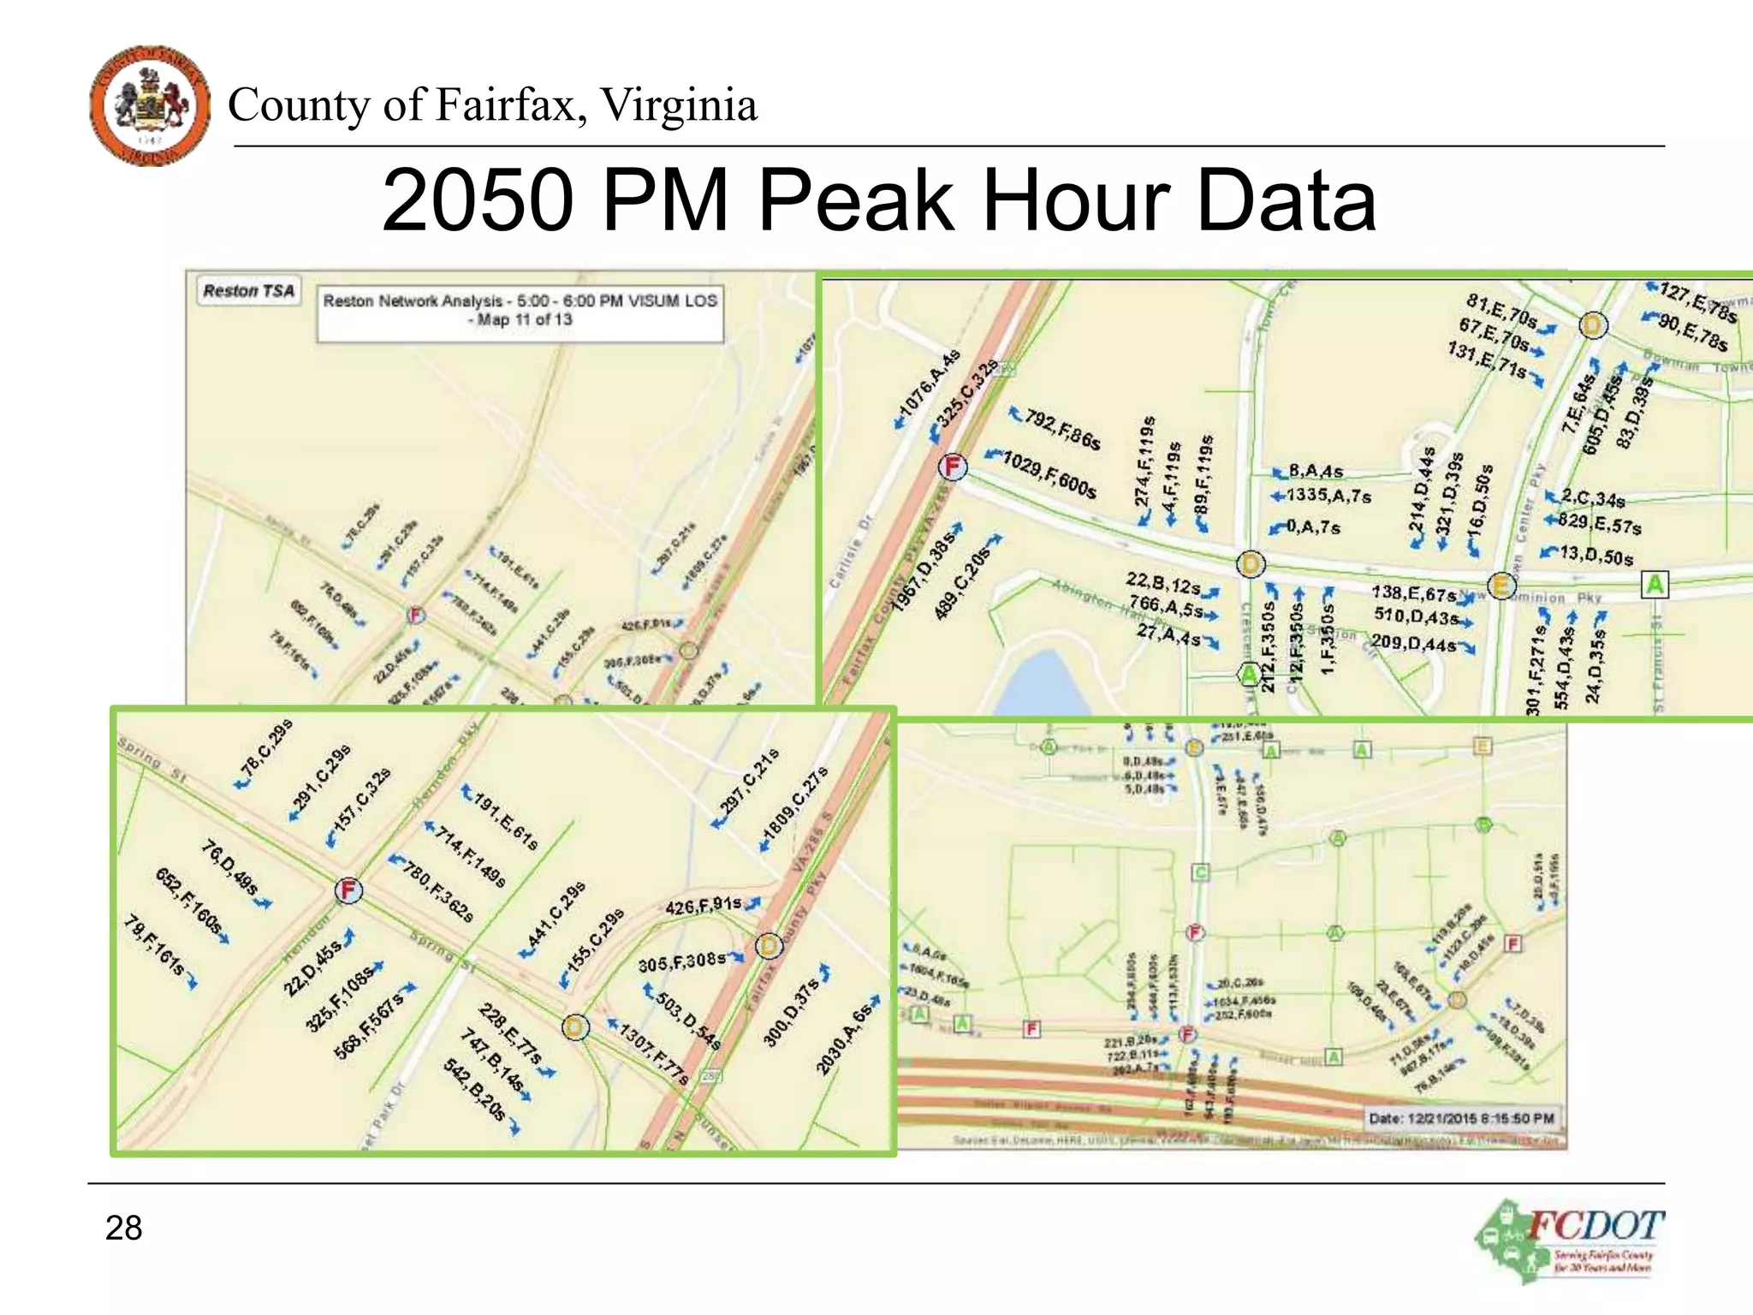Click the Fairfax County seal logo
[x=150, y=105]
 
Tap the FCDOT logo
[x=1570, y=1241]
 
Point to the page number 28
[x=123, y=1228]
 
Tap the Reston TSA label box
[x=248, y=291]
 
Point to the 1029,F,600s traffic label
[x=1048, y=473]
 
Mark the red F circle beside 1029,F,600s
[x=952, y=467]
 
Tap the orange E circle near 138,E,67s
[x=1500, y=586]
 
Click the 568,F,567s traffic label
[x=369, y=1026]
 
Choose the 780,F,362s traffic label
[x=437, y=893]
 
